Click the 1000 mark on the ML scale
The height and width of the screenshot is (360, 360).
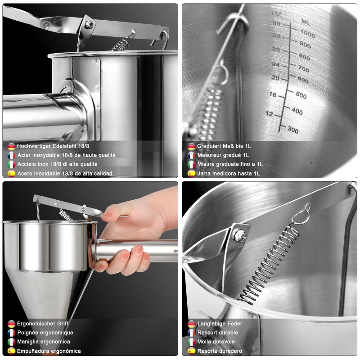[308, 34]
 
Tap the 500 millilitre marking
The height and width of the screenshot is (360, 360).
[301, 95]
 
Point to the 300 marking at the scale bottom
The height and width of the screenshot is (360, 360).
[293, 130]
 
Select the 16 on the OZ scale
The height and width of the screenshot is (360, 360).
[273, 94]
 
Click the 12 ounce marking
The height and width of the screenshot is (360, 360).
[269, 113]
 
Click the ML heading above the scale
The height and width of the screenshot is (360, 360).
[306, 22]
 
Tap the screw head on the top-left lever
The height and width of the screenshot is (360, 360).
[89, 24]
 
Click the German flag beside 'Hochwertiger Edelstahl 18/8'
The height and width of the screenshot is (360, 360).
[12, 146]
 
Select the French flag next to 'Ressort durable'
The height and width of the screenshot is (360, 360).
[191, 333]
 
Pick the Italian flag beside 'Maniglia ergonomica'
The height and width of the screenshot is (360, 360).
[12, 342]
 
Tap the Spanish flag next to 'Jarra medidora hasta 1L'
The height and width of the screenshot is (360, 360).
[191, 173]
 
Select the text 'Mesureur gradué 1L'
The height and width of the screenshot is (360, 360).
[223, 155]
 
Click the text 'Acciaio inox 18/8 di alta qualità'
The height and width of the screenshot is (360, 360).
[58, 164]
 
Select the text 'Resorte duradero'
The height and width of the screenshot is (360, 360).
[220, 351]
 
